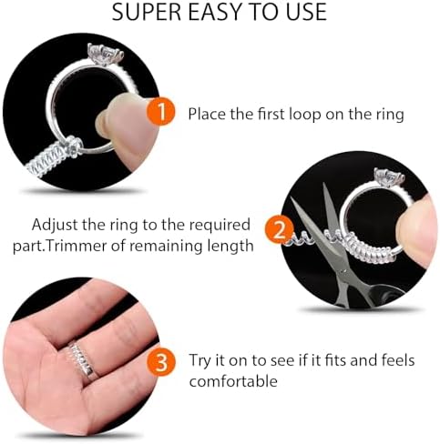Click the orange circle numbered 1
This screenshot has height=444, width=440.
click(160, 114)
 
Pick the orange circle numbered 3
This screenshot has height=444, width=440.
click(160, 363)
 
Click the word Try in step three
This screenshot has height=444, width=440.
click(201, 361)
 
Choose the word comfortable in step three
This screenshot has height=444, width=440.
click(233, 381)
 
